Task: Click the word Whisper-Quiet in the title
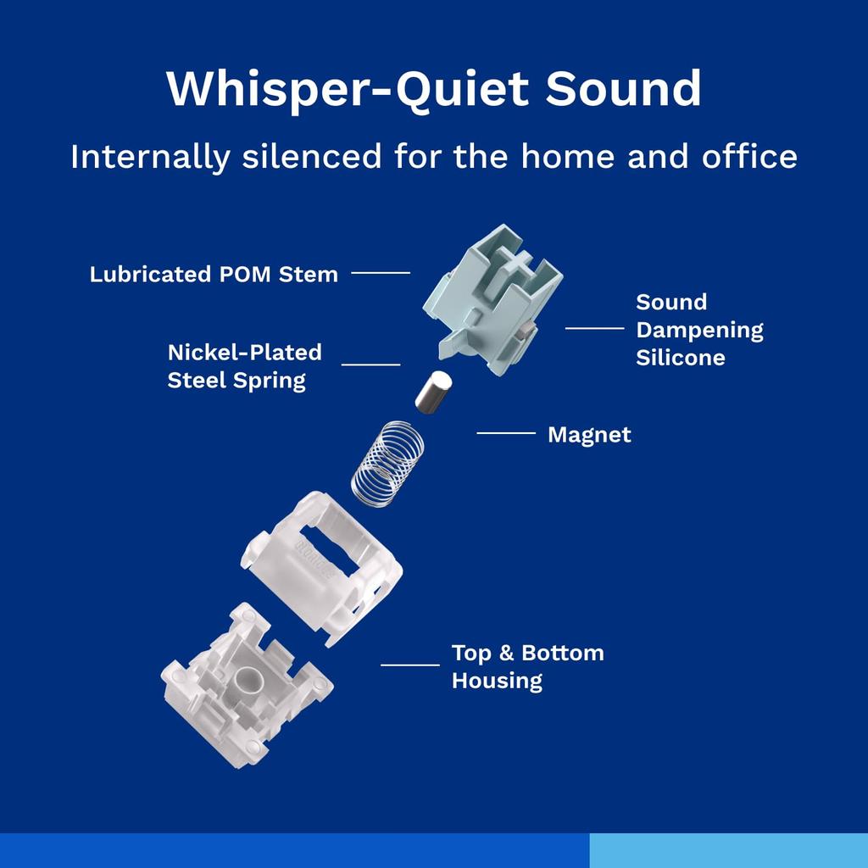[347, 89]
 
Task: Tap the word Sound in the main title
[623, 88]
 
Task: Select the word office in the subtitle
[749, 156]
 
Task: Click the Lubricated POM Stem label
[214, 274]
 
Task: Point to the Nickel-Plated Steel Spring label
[245, 366]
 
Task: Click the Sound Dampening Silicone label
[699, 330]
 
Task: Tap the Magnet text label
[589, 435]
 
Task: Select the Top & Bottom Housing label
[527, 666]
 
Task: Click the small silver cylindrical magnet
[433, 392]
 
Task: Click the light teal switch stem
[492, 299]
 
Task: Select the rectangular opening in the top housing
[328, 548]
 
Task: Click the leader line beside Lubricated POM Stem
[381, 273]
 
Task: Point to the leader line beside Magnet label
[506, 433]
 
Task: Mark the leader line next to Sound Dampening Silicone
[594, 328]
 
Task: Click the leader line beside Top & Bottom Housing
[410, 665]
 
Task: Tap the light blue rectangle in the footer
[728, 850]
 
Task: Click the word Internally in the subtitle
[149, 157]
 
